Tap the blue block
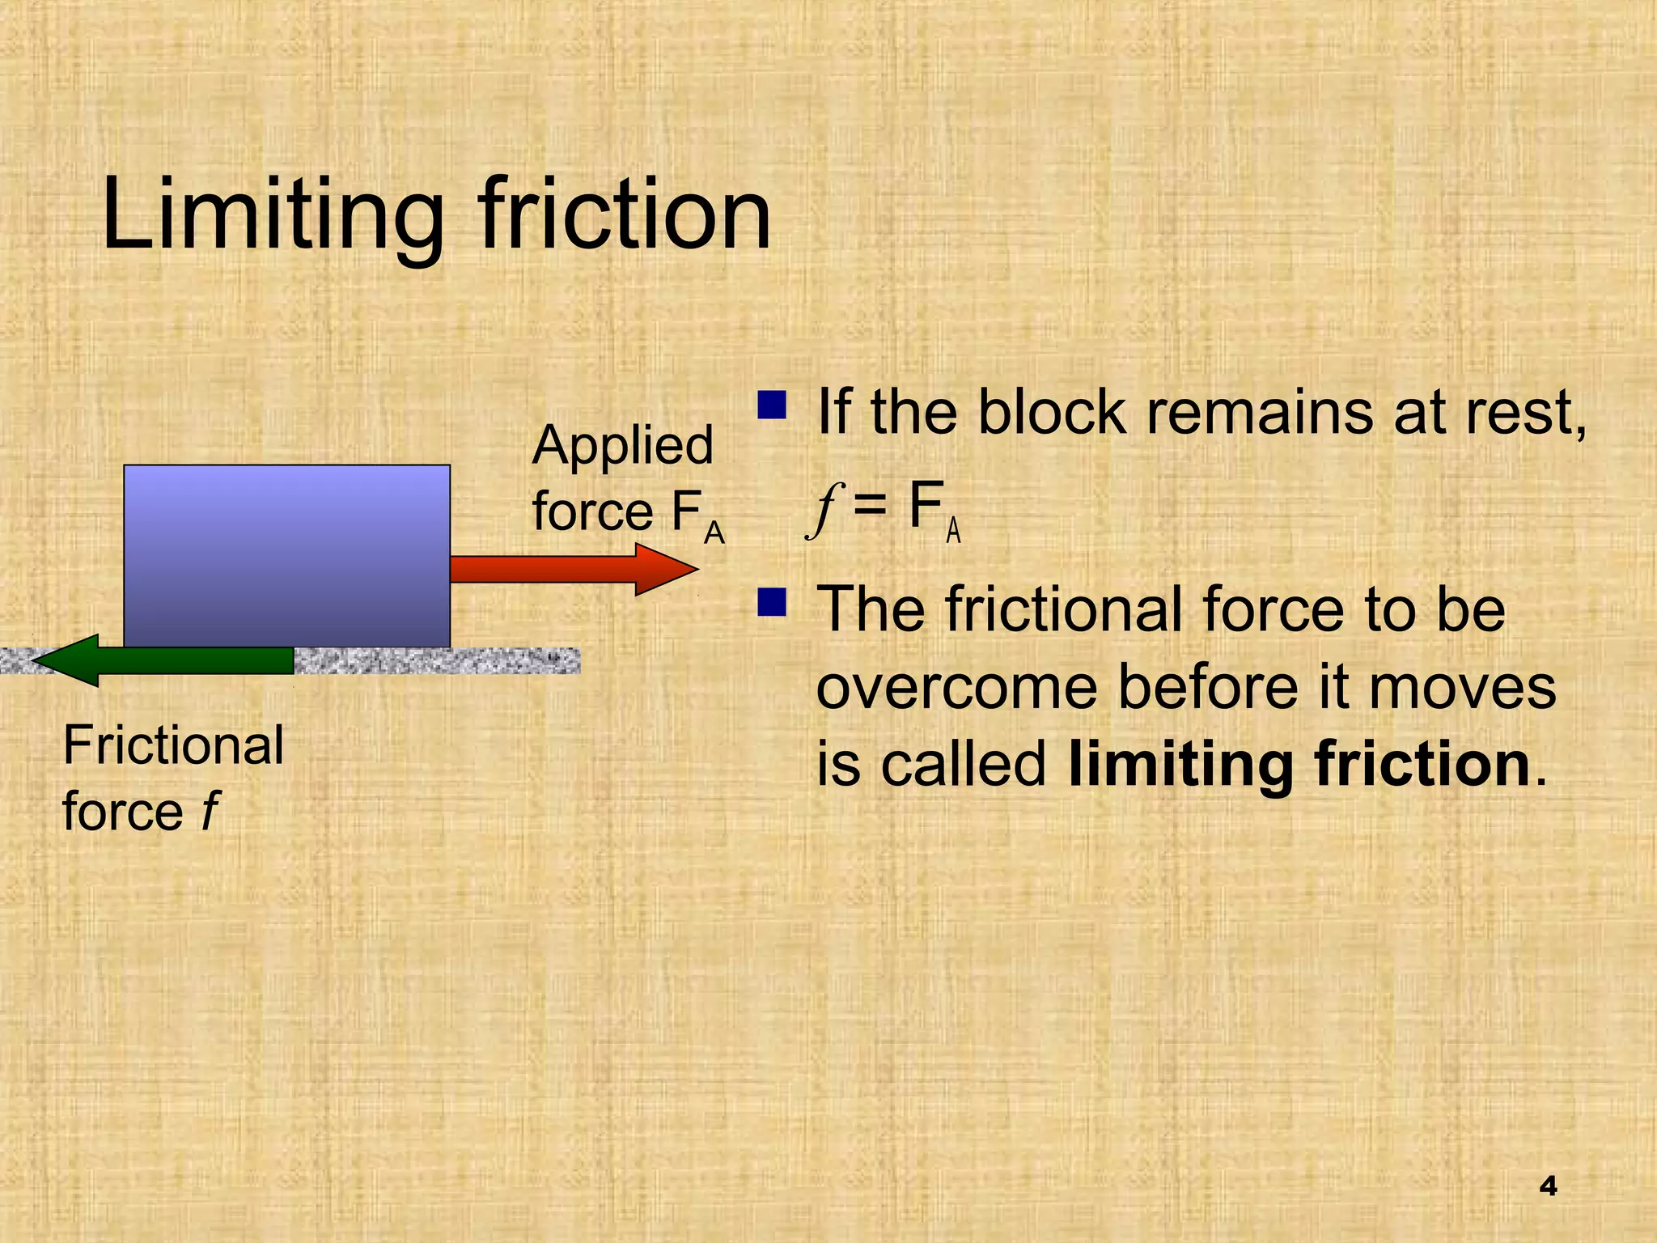click(286, 556)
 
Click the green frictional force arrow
click(163, 660)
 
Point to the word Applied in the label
click(622, 445)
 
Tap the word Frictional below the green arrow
click(173, 745)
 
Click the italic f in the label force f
click(209, 811)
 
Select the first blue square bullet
click(772, 405)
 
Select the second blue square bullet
click(772, 602)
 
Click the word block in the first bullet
click(1051, 412)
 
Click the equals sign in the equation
click(871, 509)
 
